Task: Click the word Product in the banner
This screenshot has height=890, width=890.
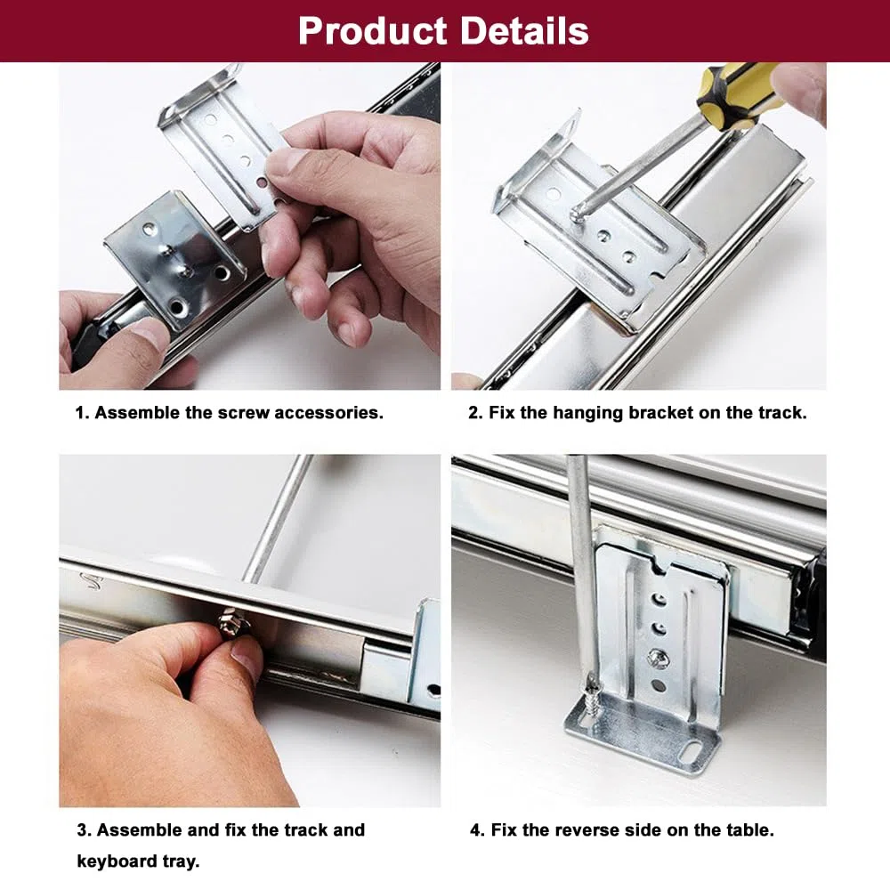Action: tap(372, 30)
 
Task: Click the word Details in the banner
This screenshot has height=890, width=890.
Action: tap(524, 30)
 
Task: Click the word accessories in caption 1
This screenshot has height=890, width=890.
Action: tap(328, 413)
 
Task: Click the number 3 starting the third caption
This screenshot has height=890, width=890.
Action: tap(83, 829)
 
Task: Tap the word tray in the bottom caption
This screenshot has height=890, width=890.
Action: tap(180, 861)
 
